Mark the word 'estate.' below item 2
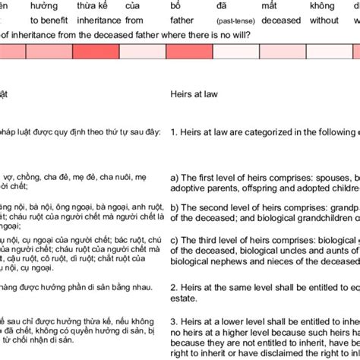[x=182, y=298]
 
